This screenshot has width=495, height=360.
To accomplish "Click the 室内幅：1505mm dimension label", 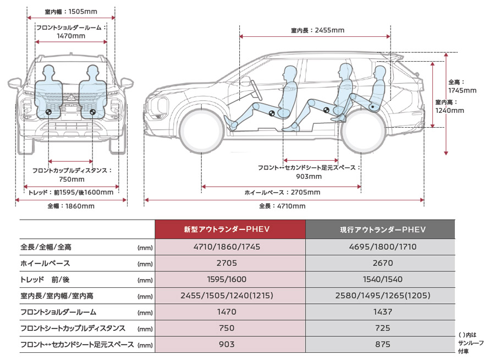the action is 71,12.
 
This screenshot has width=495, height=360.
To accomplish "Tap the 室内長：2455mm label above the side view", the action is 317,30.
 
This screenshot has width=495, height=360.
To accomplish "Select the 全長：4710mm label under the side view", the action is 282,206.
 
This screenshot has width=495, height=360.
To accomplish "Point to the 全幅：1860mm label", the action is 71,206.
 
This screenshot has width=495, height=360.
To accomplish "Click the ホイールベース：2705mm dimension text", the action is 282,192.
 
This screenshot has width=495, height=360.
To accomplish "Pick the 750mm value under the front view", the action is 71,179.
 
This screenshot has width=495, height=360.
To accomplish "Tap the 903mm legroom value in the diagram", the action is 309,176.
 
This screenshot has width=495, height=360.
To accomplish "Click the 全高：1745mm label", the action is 462,86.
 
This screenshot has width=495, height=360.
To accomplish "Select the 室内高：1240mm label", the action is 449,107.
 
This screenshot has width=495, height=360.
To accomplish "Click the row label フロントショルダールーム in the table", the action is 58,312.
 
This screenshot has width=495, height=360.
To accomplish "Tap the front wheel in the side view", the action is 201,130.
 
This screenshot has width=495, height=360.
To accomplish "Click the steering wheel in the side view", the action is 255,90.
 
